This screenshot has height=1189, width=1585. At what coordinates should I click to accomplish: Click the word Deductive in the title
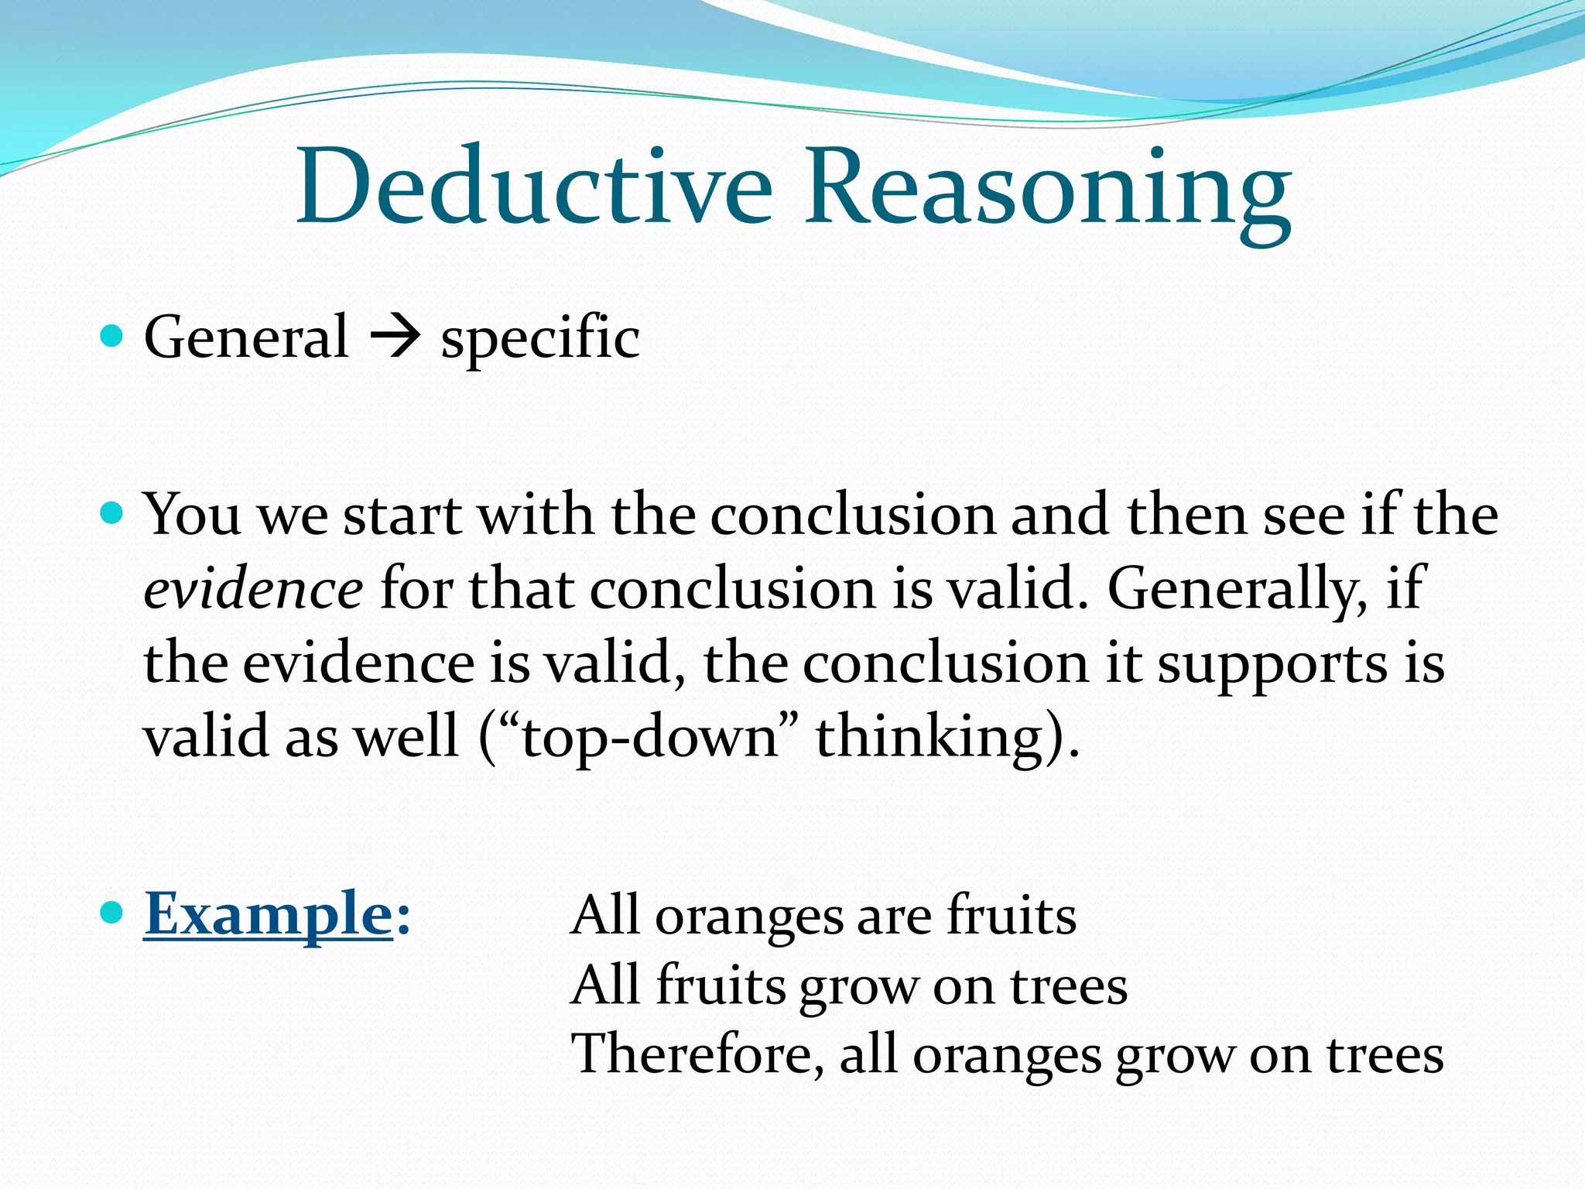point(534,188)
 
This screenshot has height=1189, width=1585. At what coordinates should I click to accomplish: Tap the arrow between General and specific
point(395,338)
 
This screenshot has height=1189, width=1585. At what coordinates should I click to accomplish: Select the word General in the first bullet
point(246,338)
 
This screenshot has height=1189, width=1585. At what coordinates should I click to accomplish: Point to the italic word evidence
point(253,589)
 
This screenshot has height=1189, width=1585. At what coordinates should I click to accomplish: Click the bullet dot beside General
point(112,336)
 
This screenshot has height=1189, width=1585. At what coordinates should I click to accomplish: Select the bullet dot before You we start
point(112,512)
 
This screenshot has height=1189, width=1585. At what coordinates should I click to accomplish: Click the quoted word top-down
point(649,737)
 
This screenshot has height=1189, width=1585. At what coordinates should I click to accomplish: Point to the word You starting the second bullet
point(192,514)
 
